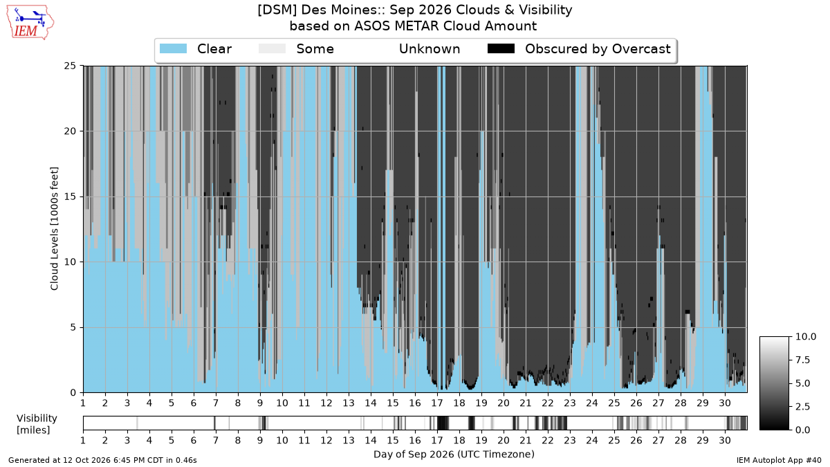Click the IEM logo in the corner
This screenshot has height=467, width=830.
(30, 22)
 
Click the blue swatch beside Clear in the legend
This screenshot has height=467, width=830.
(173, 48)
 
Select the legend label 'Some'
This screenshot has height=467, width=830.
(315, 49)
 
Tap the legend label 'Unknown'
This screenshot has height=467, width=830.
(430, 49)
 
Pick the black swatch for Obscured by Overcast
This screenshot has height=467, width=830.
(501, 48)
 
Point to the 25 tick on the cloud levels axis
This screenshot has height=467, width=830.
(70, 66)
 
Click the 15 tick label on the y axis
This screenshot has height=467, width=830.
(70, 196)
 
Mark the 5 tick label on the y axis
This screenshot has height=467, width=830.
(73, 328)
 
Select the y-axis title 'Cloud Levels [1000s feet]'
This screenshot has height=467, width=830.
(54, 229)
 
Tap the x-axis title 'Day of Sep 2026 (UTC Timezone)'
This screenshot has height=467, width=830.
(454, 455)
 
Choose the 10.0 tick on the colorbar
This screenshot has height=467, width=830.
(805, 336)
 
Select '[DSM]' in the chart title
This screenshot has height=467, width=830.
(277, 10)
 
